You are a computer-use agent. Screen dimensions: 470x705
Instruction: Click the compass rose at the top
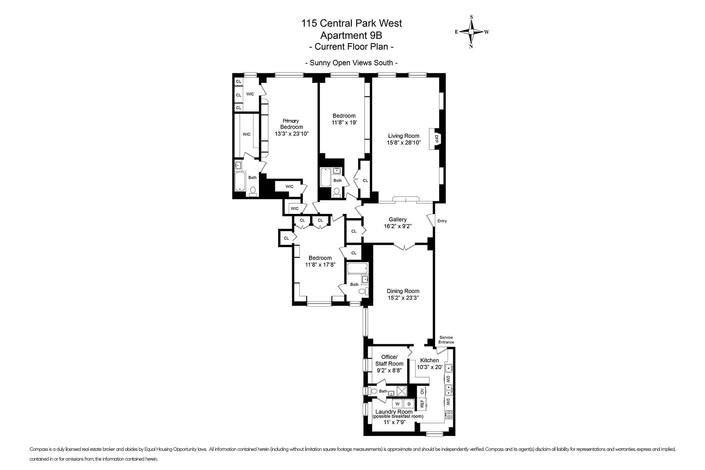pyautogui.click(x=472, y=32)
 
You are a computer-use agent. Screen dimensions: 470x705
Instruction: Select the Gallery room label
pyautogui.click(x=398, y=220)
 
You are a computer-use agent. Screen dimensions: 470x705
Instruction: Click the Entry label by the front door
pyautogui.click(x=442, y=221)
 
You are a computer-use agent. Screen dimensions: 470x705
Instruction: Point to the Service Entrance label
pyautogui.click(x=446, y=340)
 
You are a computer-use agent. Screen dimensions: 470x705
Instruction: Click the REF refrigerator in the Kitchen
pyautogui.click(x=422, y=403)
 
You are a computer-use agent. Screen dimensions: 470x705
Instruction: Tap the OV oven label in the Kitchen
pyautogui.click(x=422, y=391)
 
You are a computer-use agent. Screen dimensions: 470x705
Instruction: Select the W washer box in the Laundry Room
pyautogui.click(x=397, y=404)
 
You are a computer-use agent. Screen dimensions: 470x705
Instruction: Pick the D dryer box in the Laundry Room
pyautogui.click(x=409, y=404)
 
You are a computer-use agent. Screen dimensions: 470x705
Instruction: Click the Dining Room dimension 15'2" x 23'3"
pyautogui.click(x=403, y=298)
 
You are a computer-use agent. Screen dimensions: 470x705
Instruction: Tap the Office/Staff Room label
pyautogui.click(x=389, y=360)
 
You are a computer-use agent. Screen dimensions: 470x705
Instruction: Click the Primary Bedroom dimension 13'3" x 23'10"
pyautogui.click(x=291, y=134)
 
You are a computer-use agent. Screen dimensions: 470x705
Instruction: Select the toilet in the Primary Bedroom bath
pyautogui.click(x=253, y=191)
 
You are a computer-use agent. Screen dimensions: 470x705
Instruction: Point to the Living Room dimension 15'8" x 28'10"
pyautogui.click(x=403, y=143)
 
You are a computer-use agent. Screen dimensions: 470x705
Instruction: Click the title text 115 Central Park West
pyautogui.click(x=351, y=23)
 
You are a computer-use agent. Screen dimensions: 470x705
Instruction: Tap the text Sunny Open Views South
pyautogui.click(x=351, y=63)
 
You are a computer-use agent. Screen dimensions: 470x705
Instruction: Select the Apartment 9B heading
pyautogui.click(x=351, y=35)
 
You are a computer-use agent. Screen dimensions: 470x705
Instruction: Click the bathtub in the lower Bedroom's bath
pyautogui.click(x=357, y=268)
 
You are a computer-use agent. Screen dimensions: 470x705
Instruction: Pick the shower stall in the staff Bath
pyautogui.click(x=402, y=391)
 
